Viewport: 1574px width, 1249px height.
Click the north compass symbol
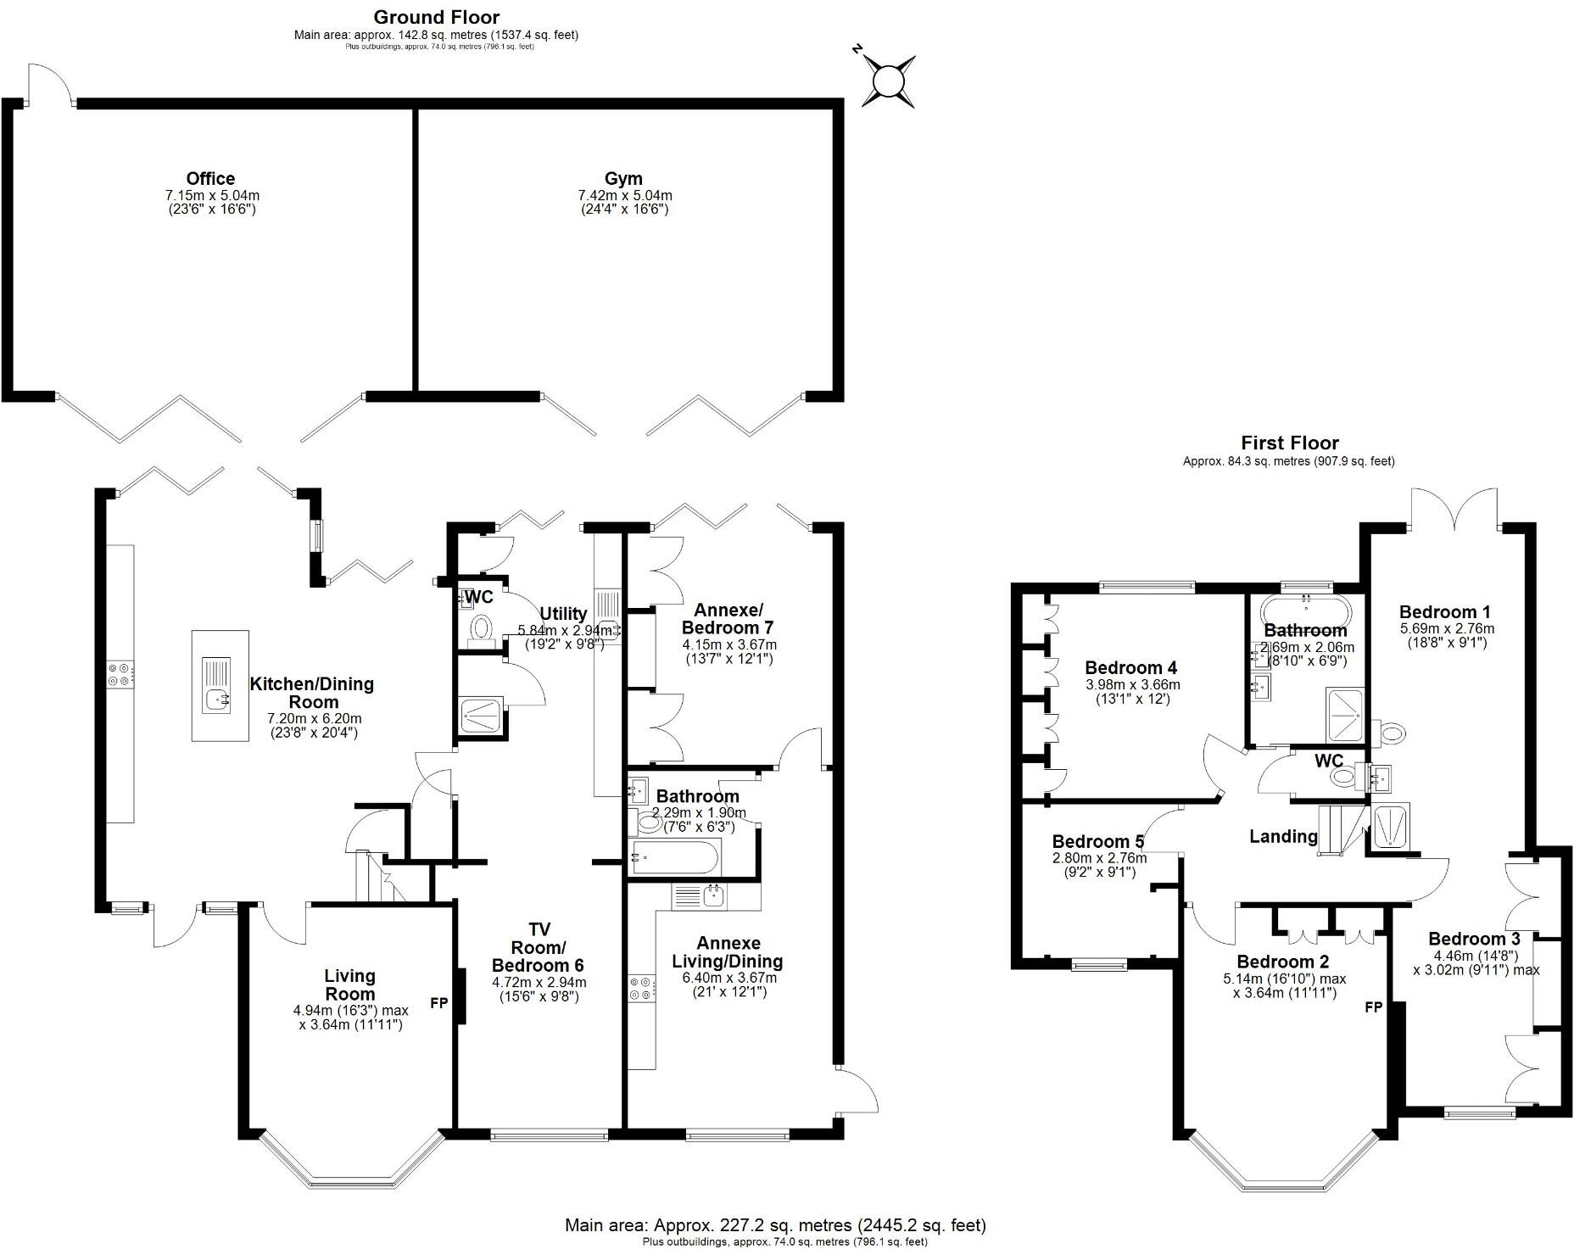(888, 81)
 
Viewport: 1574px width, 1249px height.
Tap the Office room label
(210, 179)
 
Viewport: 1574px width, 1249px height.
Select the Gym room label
(623, 179)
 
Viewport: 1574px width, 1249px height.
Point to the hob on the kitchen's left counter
(120, 673)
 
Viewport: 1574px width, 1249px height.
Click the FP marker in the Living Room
(439, 1003)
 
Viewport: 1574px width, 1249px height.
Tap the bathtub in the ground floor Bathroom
(675, 856)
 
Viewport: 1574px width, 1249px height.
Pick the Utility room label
(564, 614)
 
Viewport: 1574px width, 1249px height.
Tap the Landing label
(1284, 837)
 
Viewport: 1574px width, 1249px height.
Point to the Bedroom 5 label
(1098, 842)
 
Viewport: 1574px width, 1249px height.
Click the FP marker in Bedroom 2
(1374, 1007)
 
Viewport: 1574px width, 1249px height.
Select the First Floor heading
(1290, 443)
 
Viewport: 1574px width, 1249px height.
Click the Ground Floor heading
(436, 17)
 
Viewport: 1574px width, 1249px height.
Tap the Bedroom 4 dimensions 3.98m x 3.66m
(1132, 685)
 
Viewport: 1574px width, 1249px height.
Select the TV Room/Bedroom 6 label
(538, 947)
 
